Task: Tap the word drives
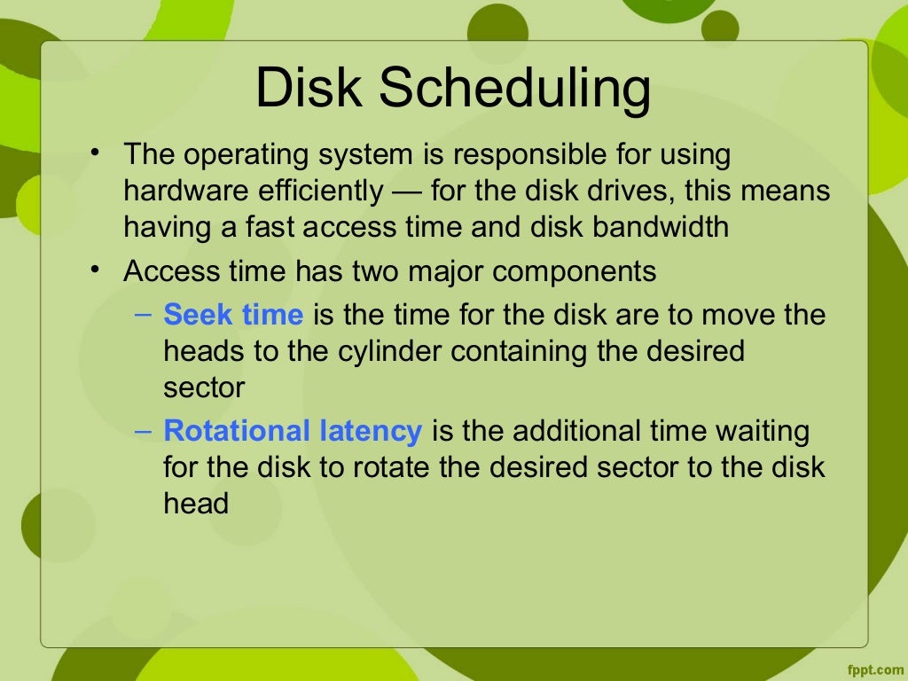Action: pos(645,191)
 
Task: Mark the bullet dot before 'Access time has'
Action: pos(96,267)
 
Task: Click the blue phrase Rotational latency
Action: pos(293,431)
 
